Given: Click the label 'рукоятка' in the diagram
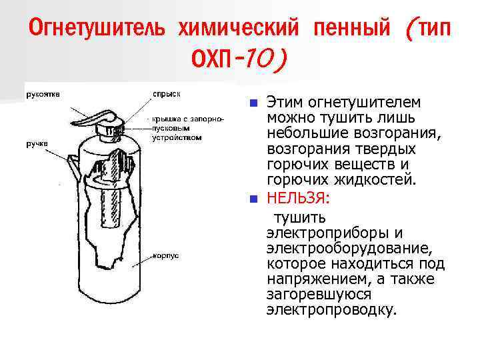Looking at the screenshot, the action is coord(41,94).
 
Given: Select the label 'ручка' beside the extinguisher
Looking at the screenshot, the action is coord(37,143).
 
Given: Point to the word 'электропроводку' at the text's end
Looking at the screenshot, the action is coord(331,310).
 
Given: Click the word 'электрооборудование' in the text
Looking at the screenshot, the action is coord(346,249).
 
